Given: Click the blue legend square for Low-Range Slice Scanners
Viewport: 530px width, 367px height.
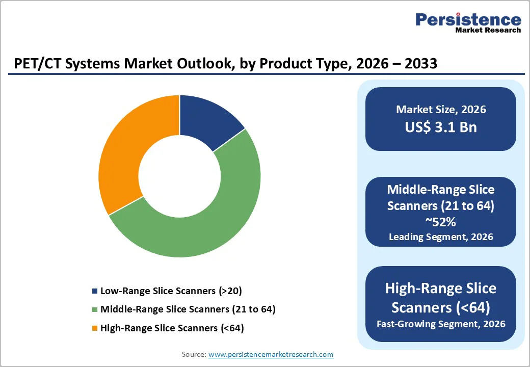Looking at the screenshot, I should click(x=94, y=292).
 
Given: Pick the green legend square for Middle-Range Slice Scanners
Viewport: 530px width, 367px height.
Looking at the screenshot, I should click(x=94, y=310).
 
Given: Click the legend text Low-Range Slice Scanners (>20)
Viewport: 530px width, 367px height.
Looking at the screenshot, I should click(x=171, y=291).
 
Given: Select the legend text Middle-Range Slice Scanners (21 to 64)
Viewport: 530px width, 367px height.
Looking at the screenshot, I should click(x=188, y=309).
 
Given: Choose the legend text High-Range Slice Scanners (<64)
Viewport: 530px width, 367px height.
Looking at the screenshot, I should click(x=172, y=328).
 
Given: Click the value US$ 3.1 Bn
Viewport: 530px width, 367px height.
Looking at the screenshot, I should click(x=441, y=127).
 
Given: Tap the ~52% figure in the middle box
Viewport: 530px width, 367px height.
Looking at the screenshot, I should click(x=441, y=223).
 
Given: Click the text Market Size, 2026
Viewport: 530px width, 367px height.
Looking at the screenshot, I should click(x=441, y=110).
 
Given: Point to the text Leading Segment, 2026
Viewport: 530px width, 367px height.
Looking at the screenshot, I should click(x=441, y=237).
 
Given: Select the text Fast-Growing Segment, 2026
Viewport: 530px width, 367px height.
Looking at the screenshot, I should click(x=441, y=324).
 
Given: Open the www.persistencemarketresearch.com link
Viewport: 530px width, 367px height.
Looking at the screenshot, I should click(x=271, y=354).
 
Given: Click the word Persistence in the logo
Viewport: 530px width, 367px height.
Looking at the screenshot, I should click(x=468, y=20).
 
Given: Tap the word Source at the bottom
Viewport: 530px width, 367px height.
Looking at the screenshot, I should click(x=194, y=354).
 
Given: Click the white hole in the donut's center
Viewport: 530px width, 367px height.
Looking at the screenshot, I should click(x=179, y=176).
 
